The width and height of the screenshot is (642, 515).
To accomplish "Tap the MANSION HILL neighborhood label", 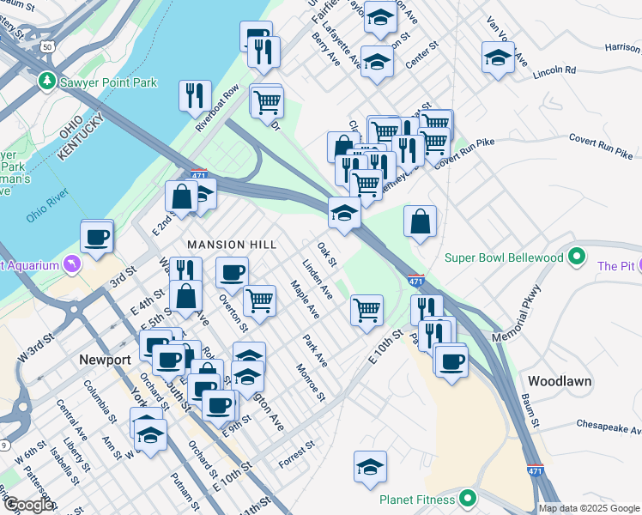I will click(x=232, y=245).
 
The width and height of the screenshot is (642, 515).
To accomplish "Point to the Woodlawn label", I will click(x=556, y=379).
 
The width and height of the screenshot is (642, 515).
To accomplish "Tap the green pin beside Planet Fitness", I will click(x=468, y=498).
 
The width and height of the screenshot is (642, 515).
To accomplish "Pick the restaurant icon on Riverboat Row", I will click(x=195, y=94).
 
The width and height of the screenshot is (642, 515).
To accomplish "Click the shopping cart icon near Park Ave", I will click(x=366, y=309).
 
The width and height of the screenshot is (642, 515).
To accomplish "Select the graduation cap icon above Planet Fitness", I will click(x=370, y=467).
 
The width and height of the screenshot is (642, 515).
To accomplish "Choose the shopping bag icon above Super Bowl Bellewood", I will click(x=420, y=221).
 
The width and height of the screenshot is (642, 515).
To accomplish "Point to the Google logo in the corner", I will click(x=29, y=505).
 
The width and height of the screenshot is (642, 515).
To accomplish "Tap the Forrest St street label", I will click(x=297, y=455).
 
